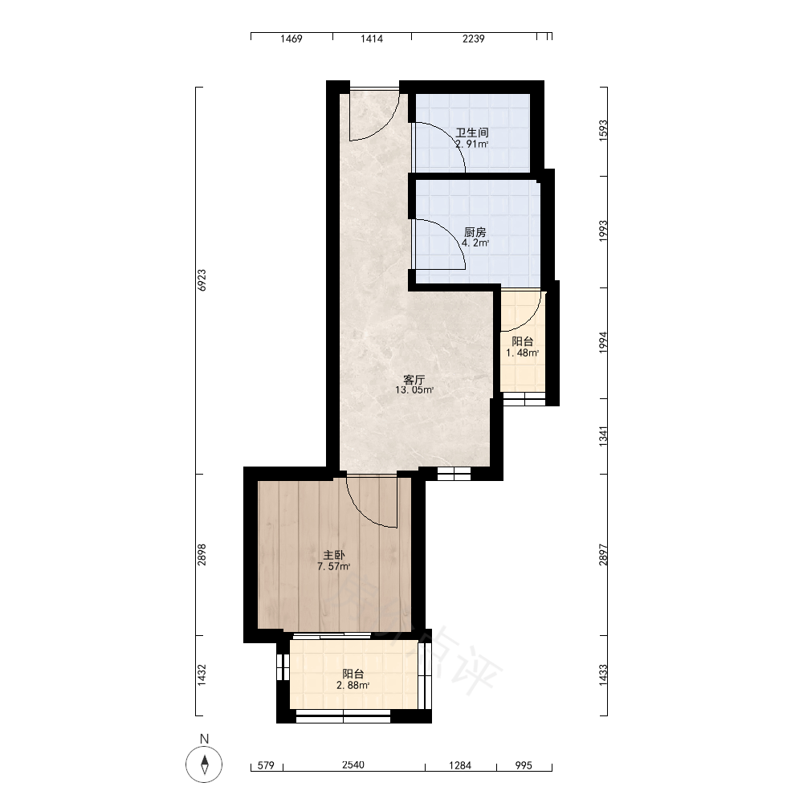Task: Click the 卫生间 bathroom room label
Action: point(471,132)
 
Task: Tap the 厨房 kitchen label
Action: point(475,232)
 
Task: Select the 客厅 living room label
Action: point(414,380)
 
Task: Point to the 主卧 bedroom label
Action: point(333,555)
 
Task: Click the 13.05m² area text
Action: point(414,390)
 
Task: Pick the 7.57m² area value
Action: point(334,566)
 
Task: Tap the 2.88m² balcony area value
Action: point(353,685)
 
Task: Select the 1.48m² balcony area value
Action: point(523,353)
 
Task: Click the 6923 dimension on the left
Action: point(202,280)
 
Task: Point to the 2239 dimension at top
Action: point(473,39)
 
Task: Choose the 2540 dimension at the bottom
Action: point(353,765)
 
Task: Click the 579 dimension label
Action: point(266,765)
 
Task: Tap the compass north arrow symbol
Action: point(204,764)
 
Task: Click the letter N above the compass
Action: point(204,739)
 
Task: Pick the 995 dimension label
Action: point(524,765)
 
